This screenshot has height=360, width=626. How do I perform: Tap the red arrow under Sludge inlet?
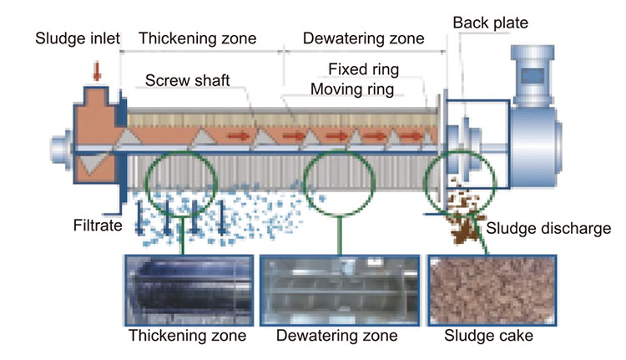click(98, 74)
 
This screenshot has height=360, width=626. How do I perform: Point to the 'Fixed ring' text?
click(363, 68)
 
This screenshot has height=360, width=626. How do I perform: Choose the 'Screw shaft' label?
click(187, 81)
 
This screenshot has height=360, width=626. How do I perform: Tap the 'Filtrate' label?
click(96, 225)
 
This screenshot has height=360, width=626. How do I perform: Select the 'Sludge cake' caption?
click(489, 337)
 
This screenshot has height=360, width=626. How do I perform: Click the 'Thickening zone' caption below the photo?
click(187, 337)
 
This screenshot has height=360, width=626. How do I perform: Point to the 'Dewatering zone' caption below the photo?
click(337, 337)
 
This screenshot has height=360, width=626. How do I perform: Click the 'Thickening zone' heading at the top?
click(197, 38)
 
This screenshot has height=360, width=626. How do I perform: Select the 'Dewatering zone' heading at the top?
click(363, 38)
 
